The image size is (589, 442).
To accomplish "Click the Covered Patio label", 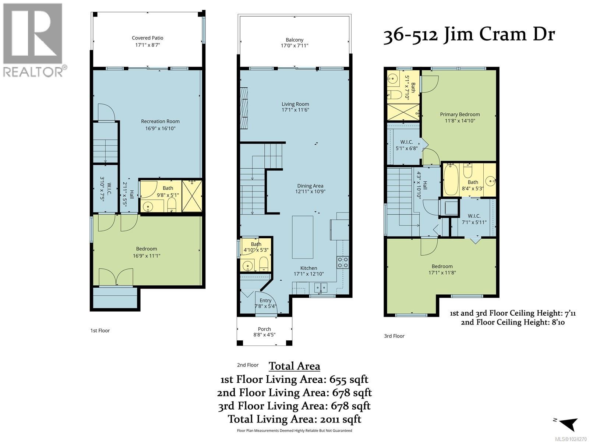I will pos(147,38).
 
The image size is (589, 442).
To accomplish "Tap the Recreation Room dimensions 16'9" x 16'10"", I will pos(160,129).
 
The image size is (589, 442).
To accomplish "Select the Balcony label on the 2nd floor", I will pos(294,40).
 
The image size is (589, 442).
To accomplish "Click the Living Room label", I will pos(295,104).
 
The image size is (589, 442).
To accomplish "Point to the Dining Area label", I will pos(310,186).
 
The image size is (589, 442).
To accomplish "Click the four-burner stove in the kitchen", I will pos(343,262).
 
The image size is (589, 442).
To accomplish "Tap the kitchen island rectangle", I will pos(303,237).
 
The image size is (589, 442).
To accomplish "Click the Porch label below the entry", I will pos(264,329).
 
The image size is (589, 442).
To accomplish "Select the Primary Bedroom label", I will pos(460,115).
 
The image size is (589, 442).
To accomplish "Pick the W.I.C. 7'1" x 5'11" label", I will pos(474,219).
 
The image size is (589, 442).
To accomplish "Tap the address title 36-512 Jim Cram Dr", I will pos(469,36).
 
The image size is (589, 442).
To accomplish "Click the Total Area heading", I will pos(294,366).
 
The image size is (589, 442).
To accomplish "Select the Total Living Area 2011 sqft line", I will pos(294,419).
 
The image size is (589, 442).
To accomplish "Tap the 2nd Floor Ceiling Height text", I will pos(512,322).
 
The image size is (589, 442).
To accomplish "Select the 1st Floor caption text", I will pos(100,331).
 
